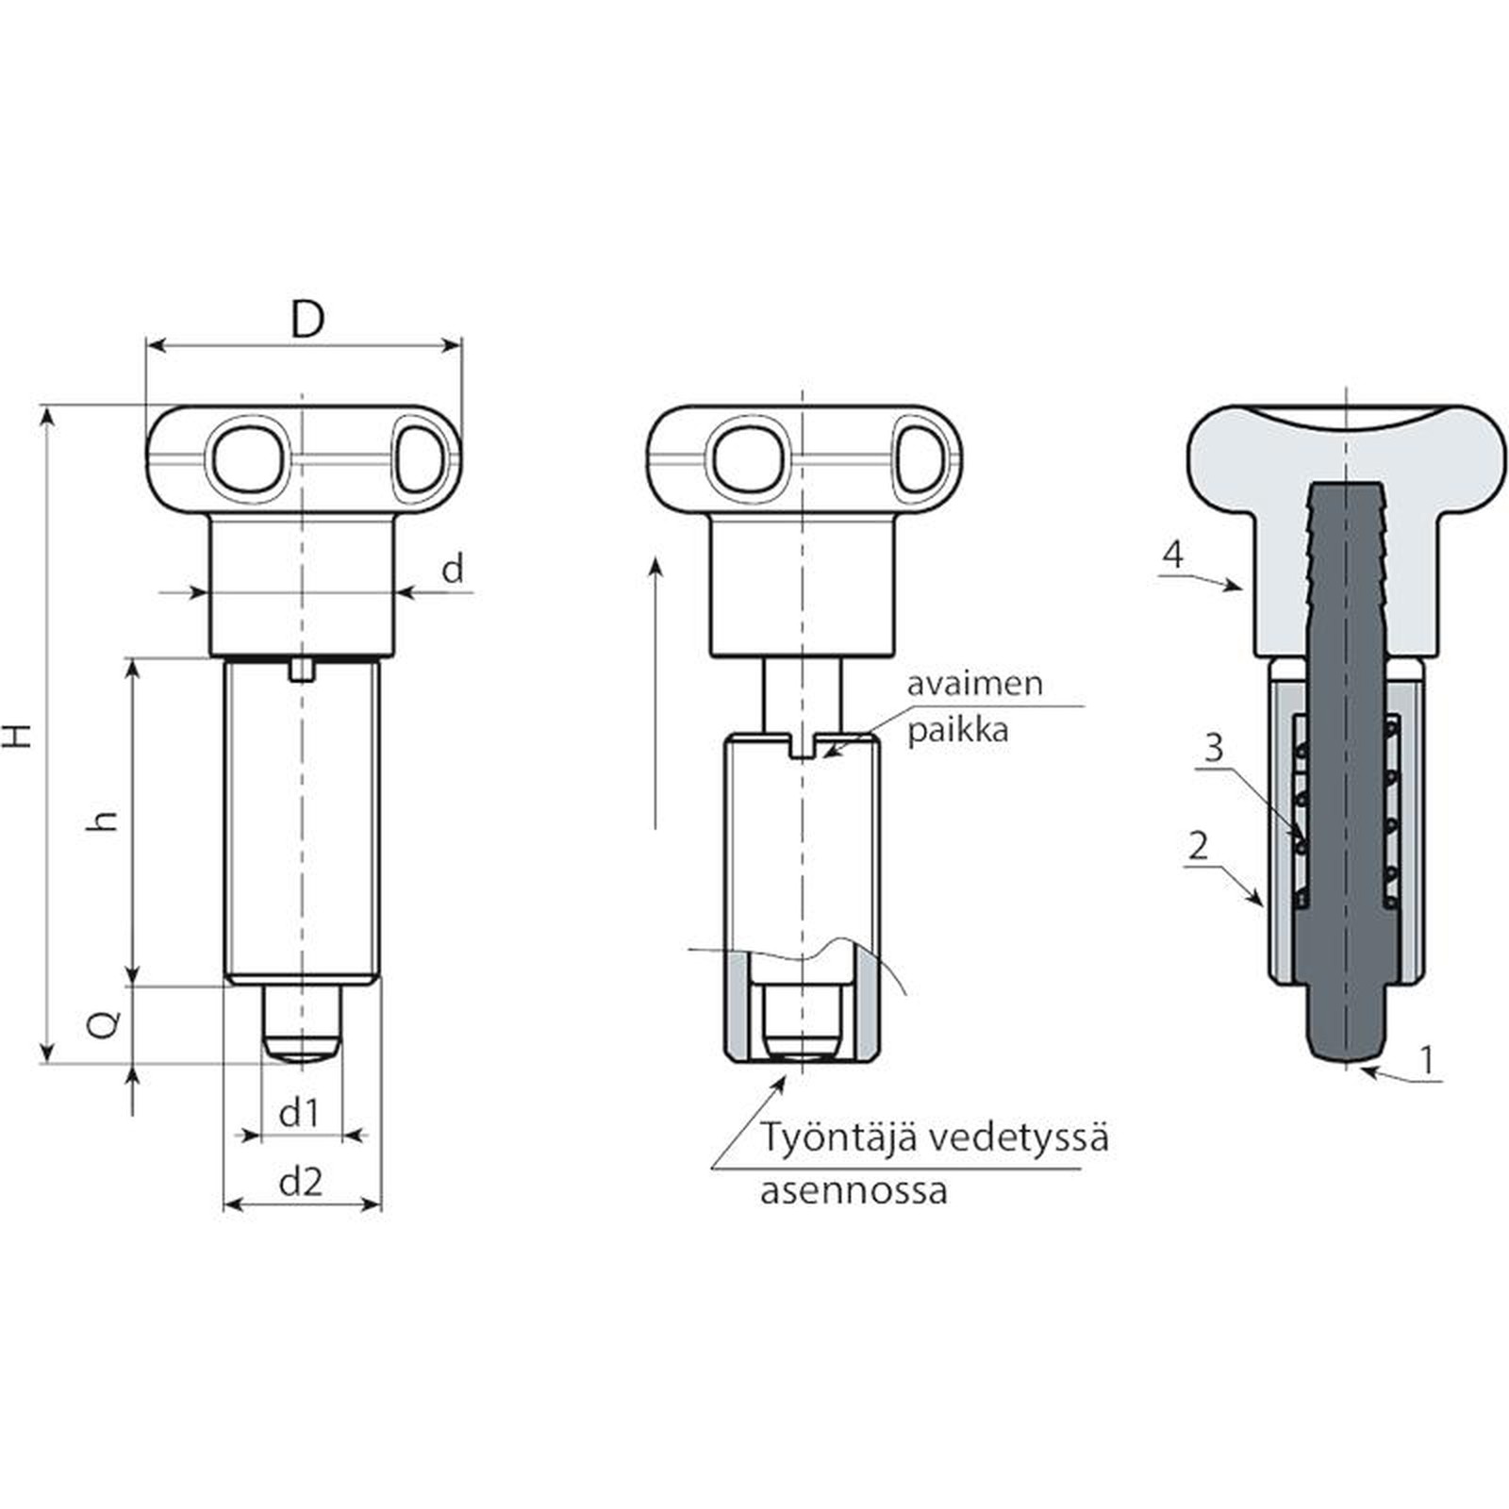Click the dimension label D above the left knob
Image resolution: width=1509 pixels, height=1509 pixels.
click(x=307, y=320)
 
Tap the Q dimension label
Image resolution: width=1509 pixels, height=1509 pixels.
click(x=107, y=1023)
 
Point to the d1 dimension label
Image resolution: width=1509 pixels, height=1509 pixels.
click(x=300, y=1114)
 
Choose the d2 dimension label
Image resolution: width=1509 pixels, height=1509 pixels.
click(x=301, y=1181)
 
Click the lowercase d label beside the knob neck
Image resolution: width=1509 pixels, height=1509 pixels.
click(x=454, y=569)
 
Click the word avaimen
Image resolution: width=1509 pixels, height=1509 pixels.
click(x=974, y=684)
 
